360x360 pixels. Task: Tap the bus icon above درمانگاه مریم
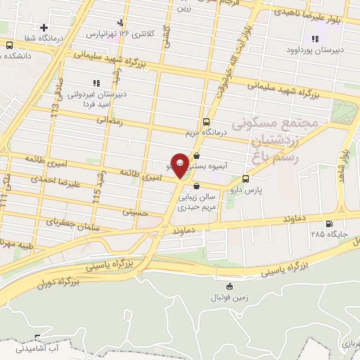click(205, 120)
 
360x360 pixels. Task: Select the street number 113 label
click(56, 105)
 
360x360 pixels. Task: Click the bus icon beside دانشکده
click(10, 45)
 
